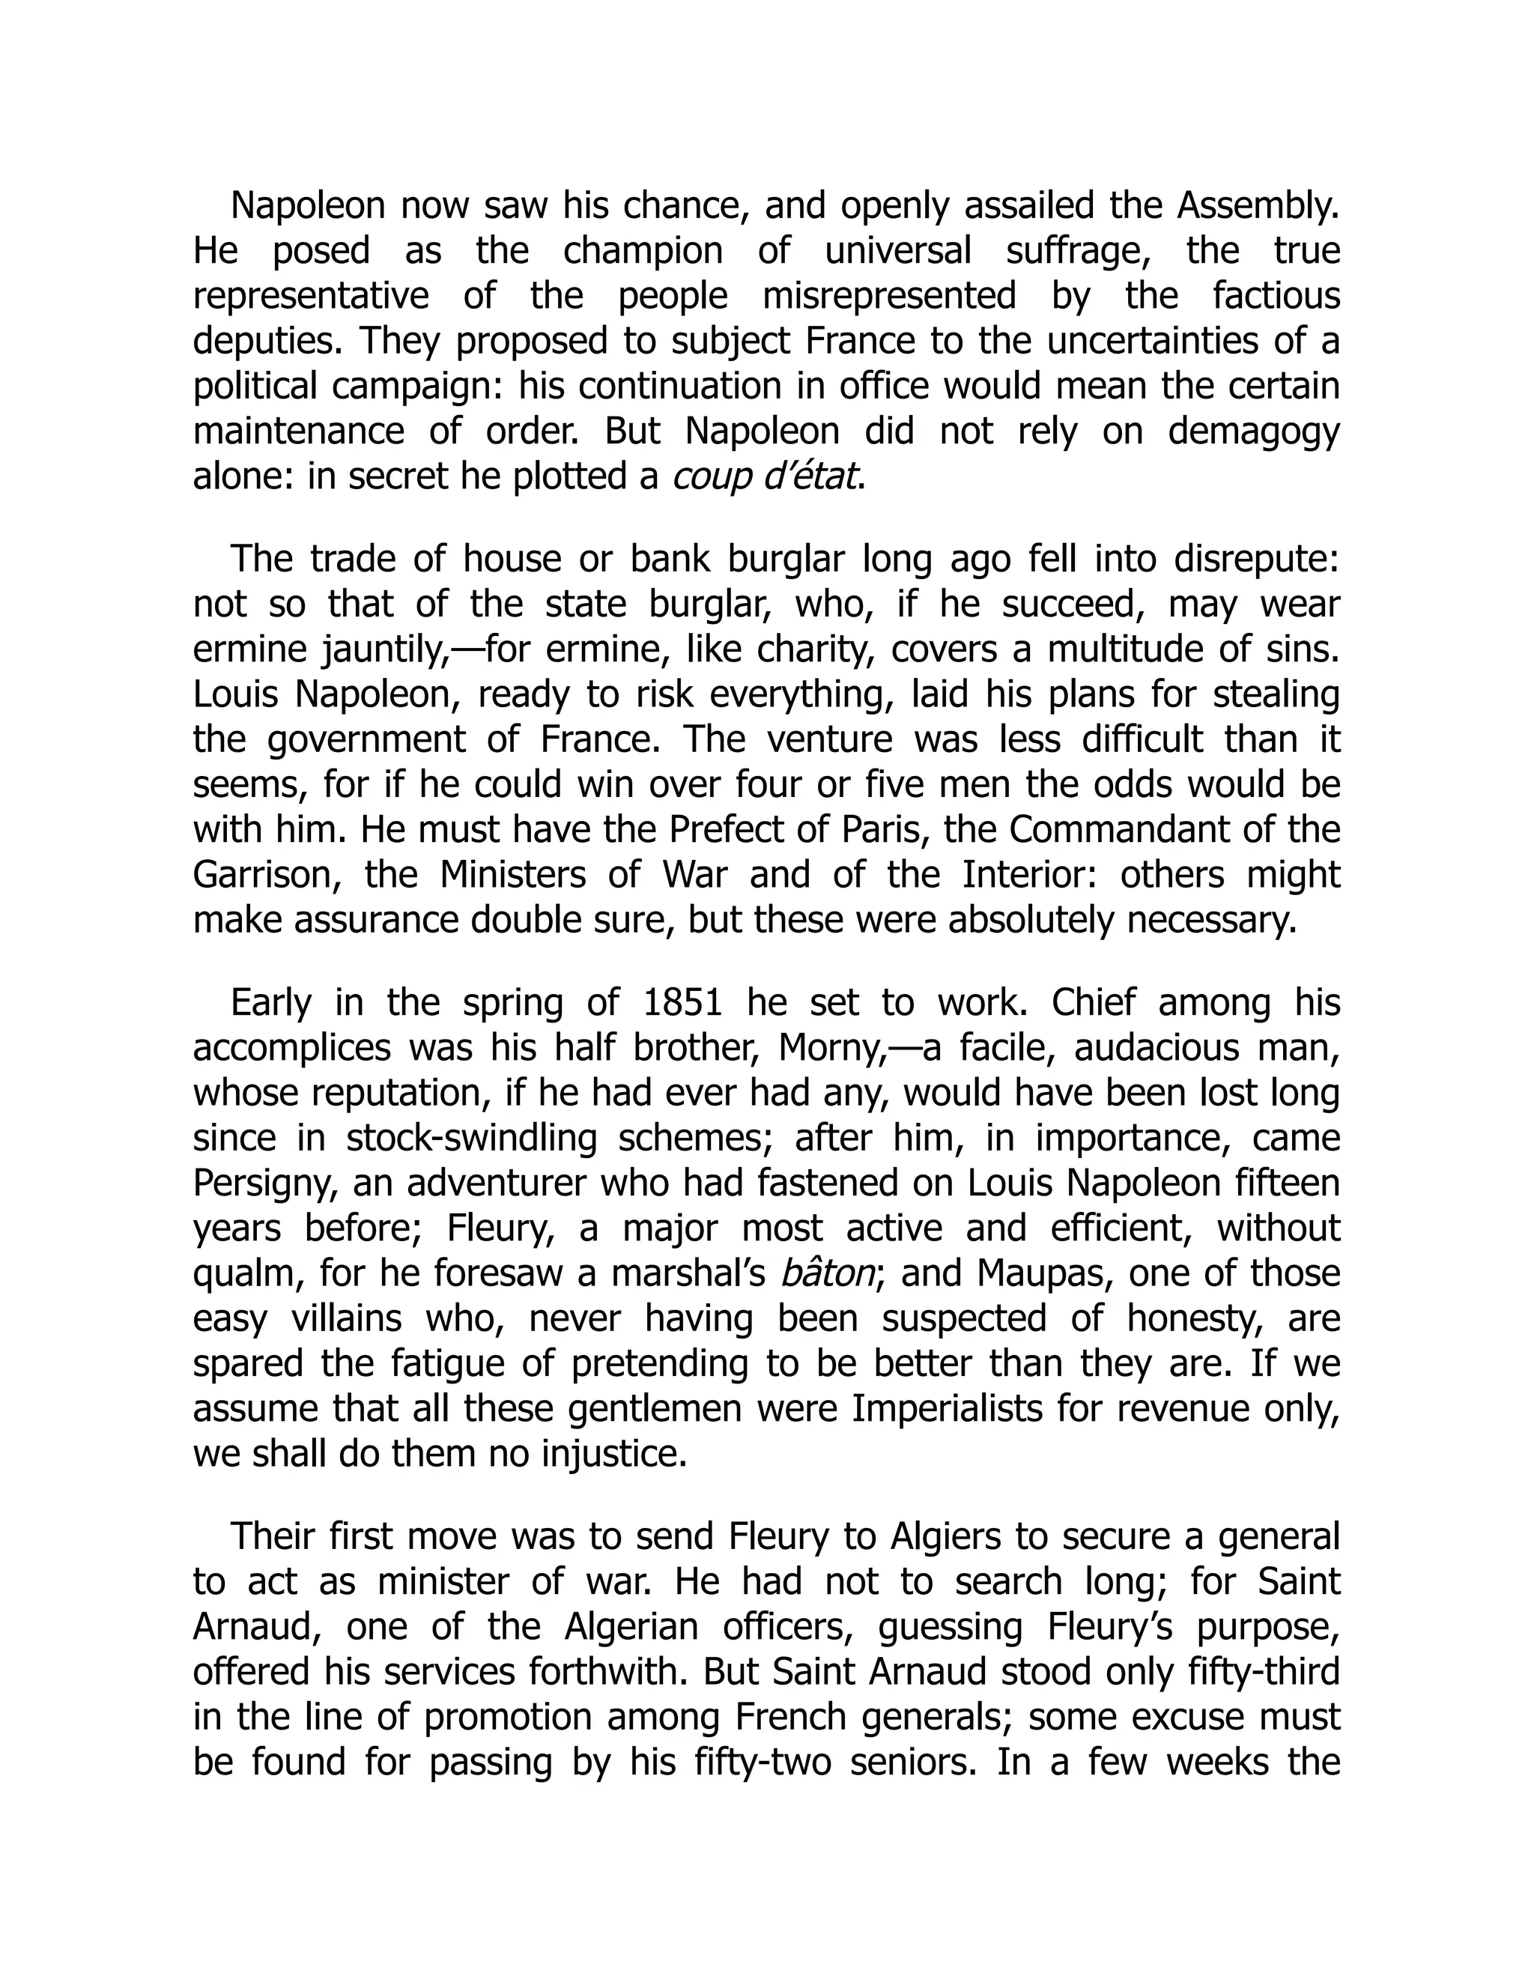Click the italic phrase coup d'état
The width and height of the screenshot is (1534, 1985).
point(766,476)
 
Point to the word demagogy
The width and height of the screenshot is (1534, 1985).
point(1253,431)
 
